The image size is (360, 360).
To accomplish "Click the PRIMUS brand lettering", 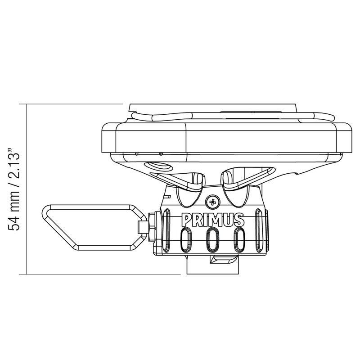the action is (x=213, y=220).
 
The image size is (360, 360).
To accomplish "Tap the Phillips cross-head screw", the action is (x=212, y=202).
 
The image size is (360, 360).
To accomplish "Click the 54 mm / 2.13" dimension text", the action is (x=13, y=189).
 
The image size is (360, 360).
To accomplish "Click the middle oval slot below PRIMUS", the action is (x=211, y=239).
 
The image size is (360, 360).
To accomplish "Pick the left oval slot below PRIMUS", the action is (x=186, y=239).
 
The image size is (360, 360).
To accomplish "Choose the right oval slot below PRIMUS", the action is (x=239, y=239).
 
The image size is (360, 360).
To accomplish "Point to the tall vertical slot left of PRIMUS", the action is (x=166, y=229).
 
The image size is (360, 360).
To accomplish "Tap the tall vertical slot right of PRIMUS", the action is (x=259, y=229).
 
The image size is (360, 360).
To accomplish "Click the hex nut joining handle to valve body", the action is (x=152, y=227).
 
